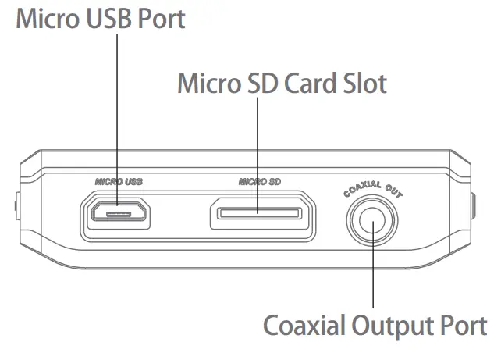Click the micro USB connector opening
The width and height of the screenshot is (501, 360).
click(117, 212)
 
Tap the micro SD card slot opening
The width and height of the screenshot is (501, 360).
click(259, 212)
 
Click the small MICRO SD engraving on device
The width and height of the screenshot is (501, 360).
click(259, 181)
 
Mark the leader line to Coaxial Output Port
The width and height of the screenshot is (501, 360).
click(373, 273)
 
